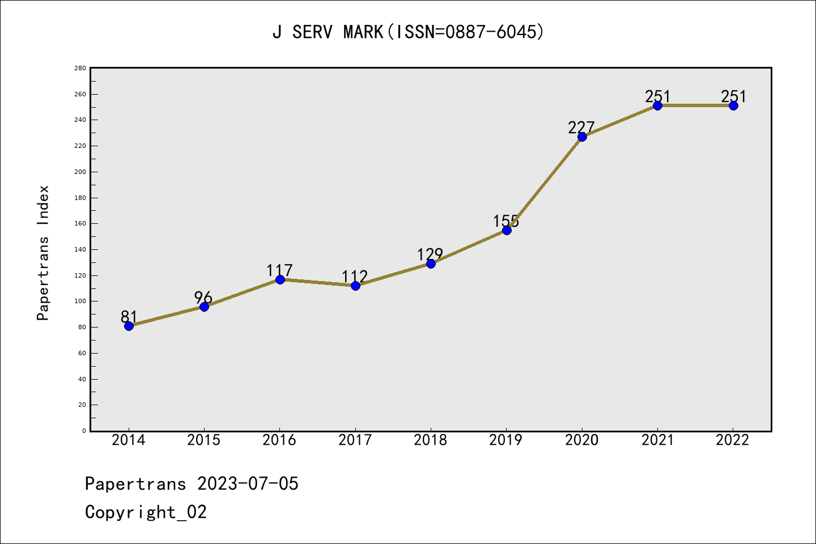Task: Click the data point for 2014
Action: [129, 326]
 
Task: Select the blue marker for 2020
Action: [582, 137]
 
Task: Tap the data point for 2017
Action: [355, 286]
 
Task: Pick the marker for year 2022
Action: [733, 105]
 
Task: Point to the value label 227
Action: [581, 127]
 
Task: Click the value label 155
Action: [505, 221]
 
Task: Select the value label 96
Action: [203, 297]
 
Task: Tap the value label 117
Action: [279, 270]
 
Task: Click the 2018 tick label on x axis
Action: [431, 440]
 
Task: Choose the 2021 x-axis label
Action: [657, 440]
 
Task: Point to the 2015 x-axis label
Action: [204, 440]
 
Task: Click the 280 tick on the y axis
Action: [80, 68]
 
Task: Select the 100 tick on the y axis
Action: [80, 301]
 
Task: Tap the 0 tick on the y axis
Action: [84, 431]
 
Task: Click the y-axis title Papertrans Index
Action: [43, 253]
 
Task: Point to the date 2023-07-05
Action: [248, 484]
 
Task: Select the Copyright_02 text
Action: [146, 512]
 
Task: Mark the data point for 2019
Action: [507, 230]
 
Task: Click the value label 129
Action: [430, 254]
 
